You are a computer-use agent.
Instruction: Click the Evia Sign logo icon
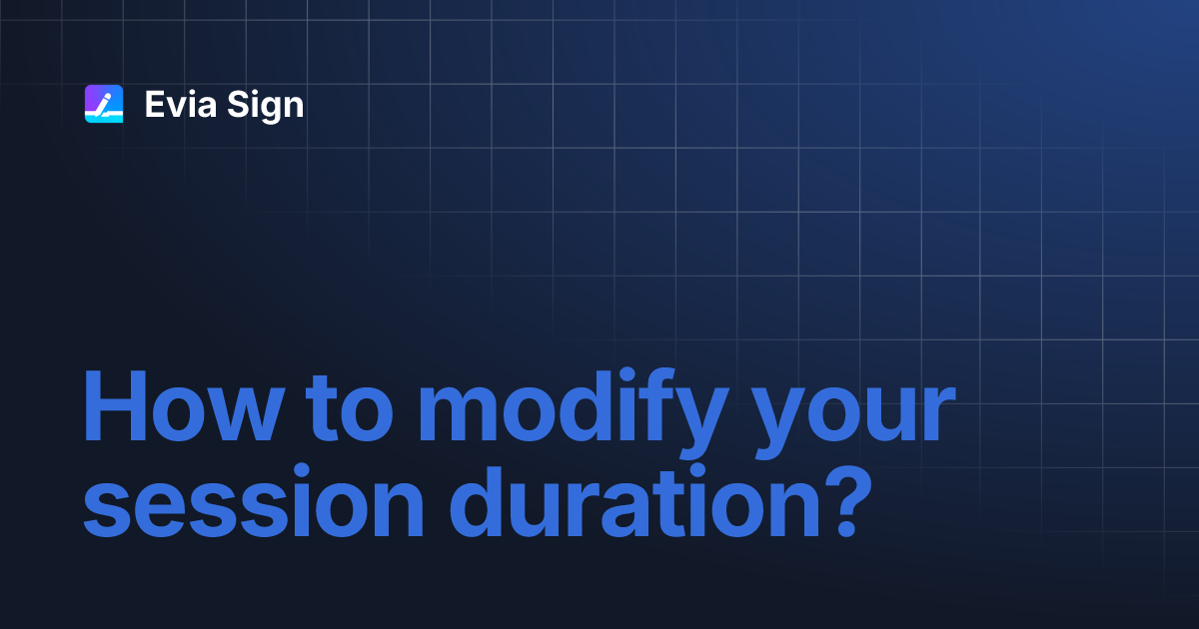(x=103, y=104)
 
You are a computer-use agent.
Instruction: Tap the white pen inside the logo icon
(x=104, y=102)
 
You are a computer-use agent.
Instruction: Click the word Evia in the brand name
(x=180, y=105)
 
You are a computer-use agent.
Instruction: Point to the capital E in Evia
(x=154, y=105)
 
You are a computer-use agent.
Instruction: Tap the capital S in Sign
(x=237, y=105)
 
